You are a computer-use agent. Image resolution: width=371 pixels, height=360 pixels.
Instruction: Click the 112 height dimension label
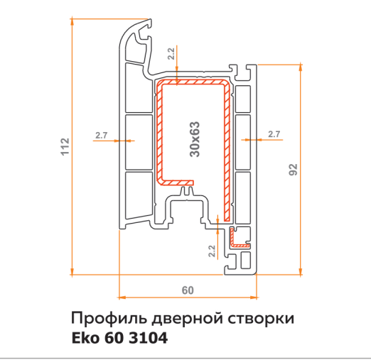point(65,146)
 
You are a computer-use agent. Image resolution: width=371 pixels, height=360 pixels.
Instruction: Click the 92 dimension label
point(293,170)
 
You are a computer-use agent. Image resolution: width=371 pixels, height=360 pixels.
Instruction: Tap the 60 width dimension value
point(188,290)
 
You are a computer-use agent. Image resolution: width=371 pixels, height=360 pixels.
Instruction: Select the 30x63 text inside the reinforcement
point(195,139)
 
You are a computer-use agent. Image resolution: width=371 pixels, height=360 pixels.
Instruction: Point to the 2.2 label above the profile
point(171,54)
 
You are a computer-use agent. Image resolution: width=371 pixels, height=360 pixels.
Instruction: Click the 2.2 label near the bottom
point(212,251)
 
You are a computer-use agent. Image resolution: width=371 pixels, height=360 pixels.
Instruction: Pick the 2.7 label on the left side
point(102,136)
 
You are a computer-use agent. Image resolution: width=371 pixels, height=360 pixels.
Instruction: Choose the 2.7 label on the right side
point(274,134)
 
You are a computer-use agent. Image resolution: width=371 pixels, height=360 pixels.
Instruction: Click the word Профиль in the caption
point(109,319)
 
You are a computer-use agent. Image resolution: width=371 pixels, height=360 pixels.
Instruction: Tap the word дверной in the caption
point(187,319)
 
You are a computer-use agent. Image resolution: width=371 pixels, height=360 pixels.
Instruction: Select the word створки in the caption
point(261,319)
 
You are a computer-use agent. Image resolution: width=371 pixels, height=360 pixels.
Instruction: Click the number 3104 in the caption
point(148,338)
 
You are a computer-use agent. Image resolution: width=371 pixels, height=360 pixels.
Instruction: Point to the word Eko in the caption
point(85,338)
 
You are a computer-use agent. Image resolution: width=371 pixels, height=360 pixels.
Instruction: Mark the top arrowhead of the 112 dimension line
point(72,21)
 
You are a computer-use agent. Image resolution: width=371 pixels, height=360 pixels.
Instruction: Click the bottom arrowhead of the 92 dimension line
point(301,271)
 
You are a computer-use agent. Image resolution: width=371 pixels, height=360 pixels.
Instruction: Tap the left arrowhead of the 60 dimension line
point(122,298)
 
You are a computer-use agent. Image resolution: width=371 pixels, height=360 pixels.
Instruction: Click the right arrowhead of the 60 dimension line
point(254,298)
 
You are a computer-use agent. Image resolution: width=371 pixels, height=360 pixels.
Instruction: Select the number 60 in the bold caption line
point(114,338)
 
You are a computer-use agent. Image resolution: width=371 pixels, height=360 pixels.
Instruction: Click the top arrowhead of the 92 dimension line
point(301,67)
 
